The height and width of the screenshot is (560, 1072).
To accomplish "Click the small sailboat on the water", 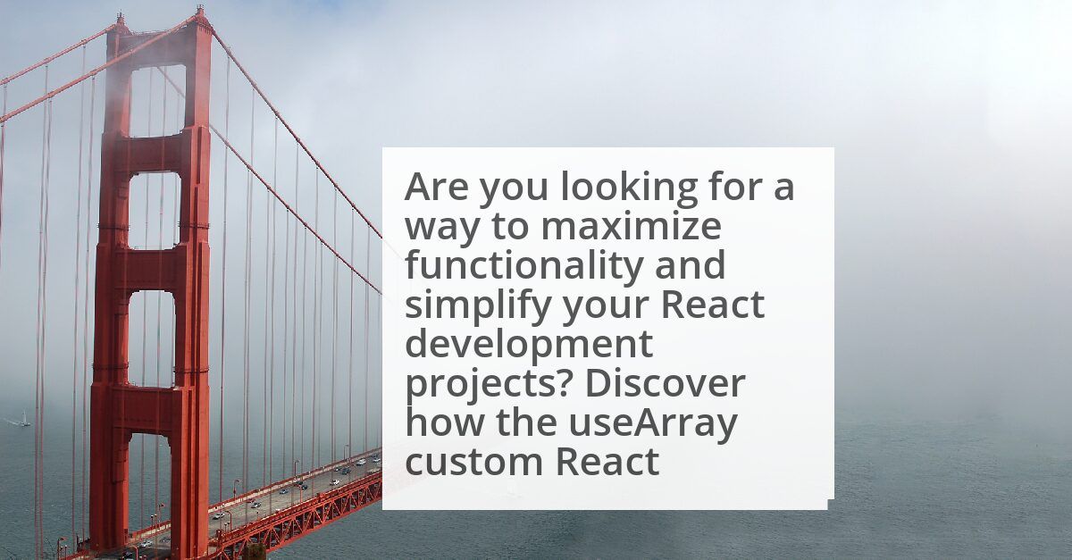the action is click(24, 419).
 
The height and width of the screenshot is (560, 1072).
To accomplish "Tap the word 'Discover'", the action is click(665, 383).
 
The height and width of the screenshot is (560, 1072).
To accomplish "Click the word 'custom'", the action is click(473, 463).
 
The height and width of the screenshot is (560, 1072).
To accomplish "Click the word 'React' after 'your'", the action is click(713, 305).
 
